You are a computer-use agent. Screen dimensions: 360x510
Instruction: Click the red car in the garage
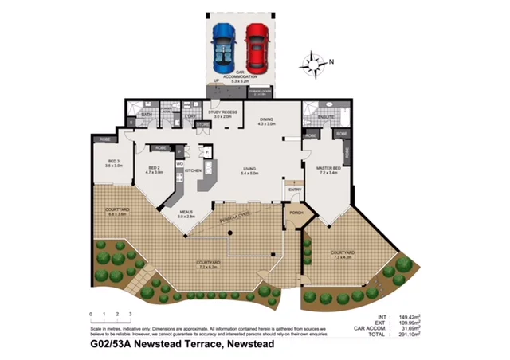pyautogui.click(x=257, y=46)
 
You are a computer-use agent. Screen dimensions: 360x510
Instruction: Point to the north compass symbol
pyautogui.click(x=316, y=63)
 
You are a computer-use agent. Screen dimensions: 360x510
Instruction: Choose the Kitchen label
pyautogui.click(x=194, y=170)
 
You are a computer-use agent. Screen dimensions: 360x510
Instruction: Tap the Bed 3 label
pyautogui.click(x=114, y=162)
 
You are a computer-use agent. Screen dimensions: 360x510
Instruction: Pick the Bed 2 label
pyautogui.click(x=154, y=169)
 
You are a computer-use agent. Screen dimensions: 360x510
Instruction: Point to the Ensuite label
pyautogui.click(x=326, y=117)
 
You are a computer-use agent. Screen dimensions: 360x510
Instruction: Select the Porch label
pyautogui.click(x=296, y=213)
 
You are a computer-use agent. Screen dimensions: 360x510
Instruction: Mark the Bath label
pyautogui.click(x=147, y=115)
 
